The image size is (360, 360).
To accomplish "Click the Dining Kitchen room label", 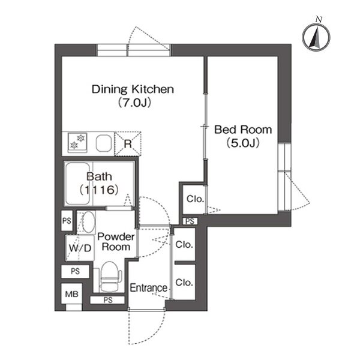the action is point(133,89).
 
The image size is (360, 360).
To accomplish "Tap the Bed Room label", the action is point(243,130).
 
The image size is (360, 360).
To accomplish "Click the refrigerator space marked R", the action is point(128,144).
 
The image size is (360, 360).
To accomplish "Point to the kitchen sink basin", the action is point(104,143).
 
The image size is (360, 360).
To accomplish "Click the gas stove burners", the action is point(77,143).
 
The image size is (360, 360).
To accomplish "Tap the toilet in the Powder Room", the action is point(111,277).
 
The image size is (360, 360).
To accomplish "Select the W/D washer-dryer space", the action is point(80,248).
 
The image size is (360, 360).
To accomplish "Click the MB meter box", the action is point(71,293).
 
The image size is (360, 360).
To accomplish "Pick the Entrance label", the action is point(149,287).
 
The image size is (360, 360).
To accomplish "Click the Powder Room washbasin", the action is point(88,222).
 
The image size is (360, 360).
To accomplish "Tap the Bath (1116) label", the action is point(99,183).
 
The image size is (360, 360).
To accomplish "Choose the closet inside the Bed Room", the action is point(194,199).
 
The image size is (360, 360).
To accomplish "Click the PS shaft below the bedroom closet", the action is point(190,221).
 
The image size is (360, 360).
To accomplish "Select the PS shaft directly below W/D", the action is point(75,271).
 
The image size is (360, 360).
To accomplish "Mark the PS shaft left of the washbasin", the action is point(67,221).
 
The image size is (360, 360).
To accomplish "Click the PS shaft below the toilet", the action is point(107,300).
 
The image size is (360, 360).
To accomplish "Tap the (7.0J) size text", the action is point(134,103).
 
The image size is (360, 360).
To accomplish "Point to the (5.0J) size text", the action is point(243,143).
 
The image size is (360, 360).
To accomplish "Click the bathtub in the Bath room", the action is point(77,184).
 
